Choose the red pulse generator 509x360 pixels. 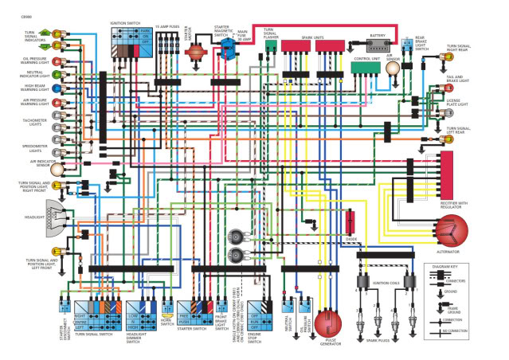(x=327, y=325)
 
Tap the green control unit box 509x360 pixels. (x=366, y=68)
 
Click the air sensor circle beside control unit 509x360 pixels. (x=392, y=68)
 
